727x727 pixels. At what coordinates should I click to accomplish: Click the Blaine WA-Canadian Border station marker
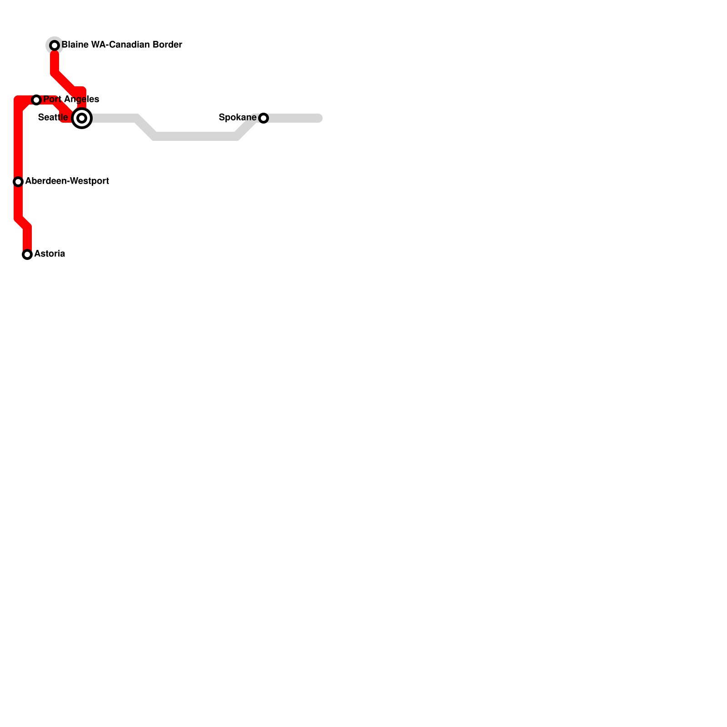pyautogui.click(x=55, y=45)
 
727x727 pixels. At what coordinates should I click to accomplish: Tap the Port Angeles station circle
pyautogui.click(x=36, y=100)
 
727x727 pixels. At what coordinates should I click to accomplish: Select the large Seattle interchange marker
pyautogui.click(x=82, y=118)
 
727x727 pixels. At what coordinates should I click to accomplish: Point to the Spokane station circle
pyautogui.click(x=264, y=118)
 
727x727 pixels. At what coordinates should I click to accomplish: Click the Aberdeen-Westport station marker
pyautogui.click(x=18, y=182)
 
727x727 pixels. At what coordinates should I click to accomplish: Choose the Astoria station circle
pyautogui.click(x=27, y=254)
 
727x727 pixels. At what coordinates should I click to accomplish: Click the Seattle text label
pyautogui.click(x=53, y=118)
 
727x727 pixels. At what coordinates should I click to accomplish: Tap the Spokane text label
pyautogui.click(x=237, y=118)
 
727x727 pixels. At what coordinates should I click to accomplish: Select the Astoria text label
pyautogui.click(x=50, y=254)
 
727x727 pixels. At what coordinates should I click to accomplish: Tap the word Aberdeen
pyautogui.click(x=45, y=181)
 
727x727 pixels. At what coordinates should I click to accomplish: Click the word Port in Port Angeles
pyautogui.click(x=51, y=100)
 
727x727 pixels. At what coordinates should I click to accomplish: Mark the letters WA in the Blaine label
pyautogui.click(x=98, y=45)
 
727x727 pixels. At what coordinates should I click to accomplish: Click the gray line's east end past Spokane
pyautogui.click(x=319, y=118)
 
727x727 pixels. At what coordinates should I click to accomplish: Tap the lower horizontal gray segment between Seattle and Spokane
pyautogui.click(x=195, y=136)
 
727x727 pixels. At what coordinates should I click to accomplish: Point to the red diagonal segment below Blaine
pyautogui.click(x=66, y=82)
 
